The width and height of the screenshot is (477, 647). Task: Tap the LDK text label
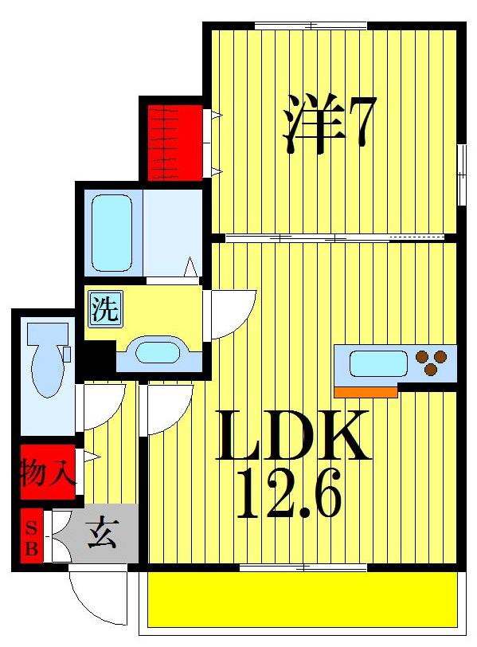[293, 437]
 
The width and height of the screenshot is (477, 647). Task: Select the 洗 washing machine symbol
[104, 309]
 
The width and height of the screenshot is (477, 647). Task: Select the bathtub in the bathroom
[111, 232]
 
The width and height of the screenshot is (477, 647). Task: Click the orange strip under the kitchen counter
[366, 391]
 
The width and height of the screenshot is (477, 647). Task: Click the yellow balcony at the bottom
[303, 598]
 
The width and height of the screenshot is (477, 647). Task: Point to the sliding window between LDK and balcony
[303, 567]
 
